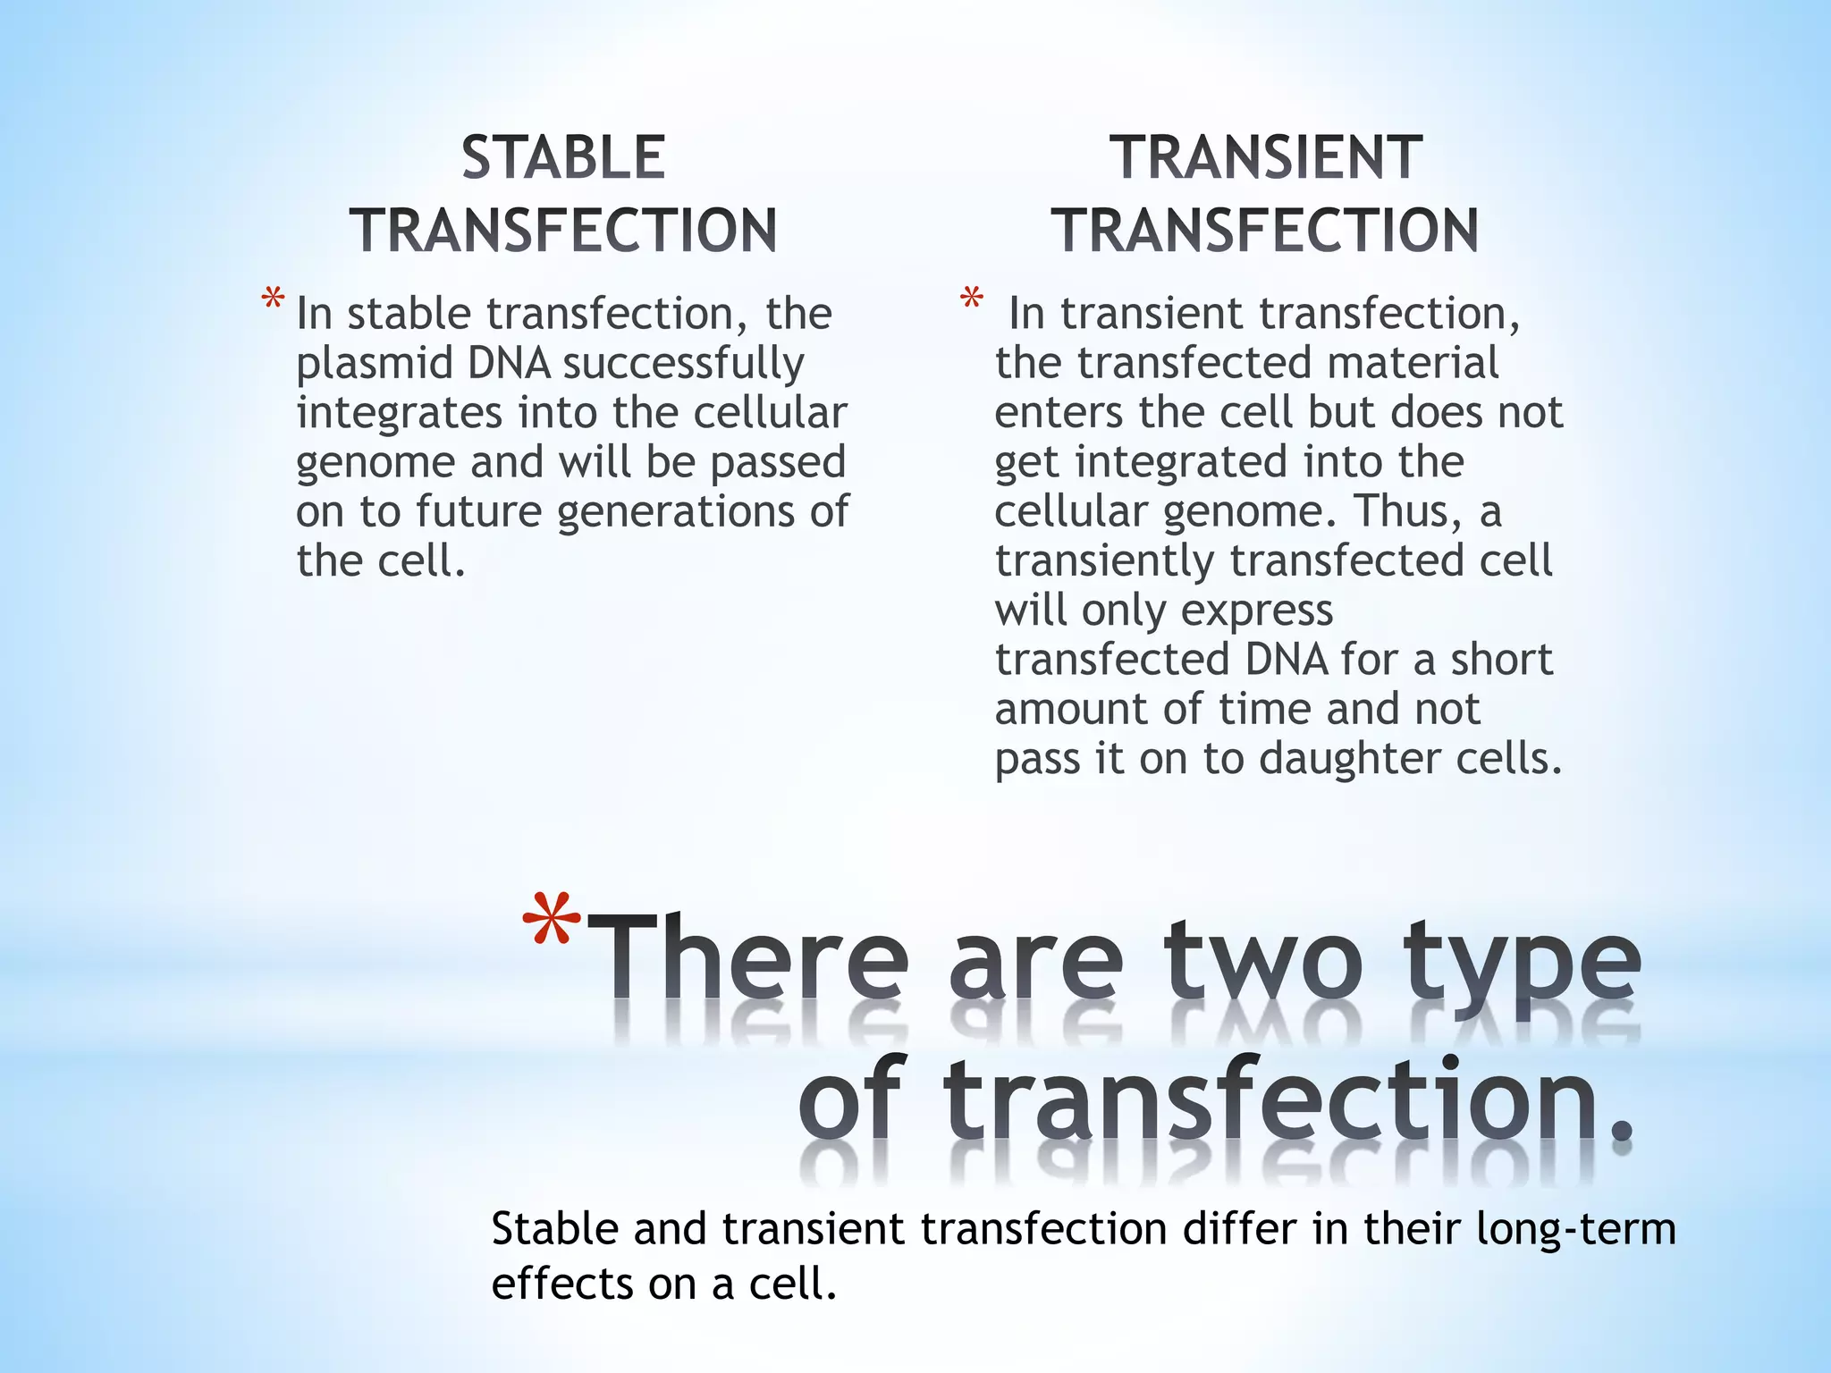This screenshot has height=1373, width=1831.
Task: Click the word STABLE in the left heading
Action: [563, 158]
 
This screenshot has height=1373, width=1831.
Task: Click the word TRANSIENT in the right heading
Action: [1265, 158]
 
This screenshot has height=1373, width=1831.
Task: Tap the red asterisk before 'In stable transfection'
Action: [273, 299]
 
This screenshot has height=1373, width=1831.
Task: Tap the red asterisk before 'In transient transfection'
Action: [971, 299]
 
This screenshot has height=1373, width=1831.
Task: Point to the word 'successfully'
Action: [683, 364]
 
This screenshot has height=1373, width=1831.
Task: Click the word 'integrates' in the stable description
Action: [399, 413]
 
